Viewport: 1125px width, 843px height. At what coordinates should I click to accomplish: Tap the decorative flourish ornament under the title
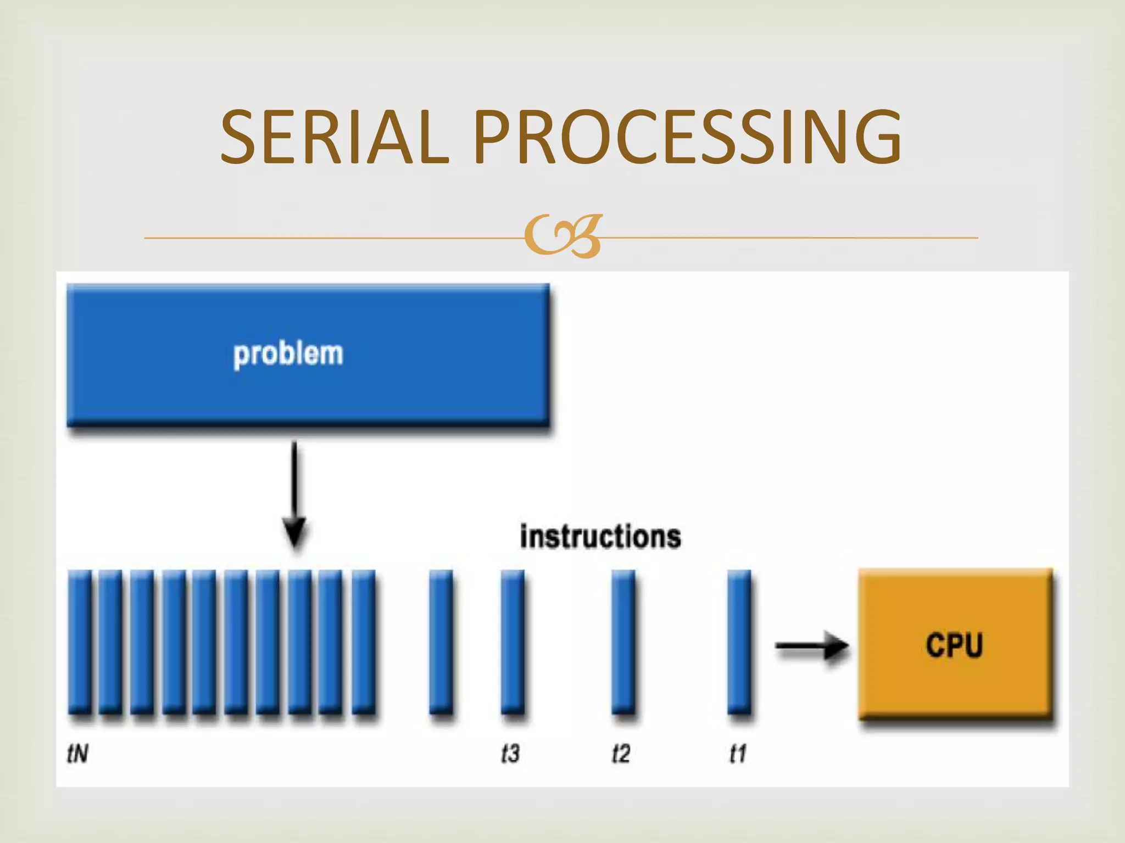[563, 237]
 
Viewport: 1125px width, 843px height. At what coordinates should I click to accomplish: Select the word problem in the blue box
[288, 354]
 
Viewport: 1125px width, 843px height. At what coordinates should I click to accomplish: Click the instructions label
[600, 537]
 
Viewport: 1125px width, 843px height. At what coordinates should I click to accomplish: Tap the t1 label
[737, 754]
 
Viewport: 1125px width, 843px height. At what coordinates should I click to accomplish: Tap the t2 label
[621, 754]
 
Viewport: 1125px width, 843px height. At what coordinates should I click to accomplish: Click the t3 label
[510, 754]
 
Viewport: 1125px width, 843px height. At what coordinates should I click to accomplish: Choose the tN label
[77, 754]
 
